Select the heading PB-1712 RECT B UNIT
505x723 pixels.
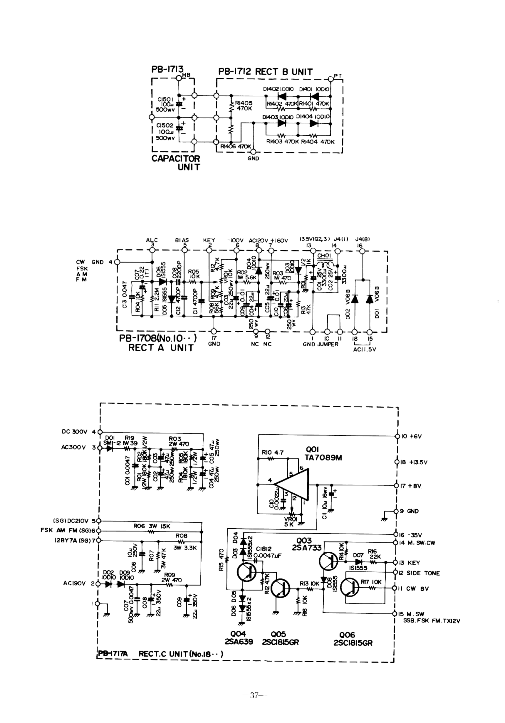[x=265, y=72]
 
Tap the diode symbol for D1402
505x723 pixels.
[x=283, y=96]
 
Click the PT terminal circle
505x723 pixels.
[x=330, y=78]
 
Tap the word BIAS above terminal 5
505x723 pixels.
[x=182, y=240]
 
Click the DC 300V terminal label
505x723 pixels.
[x=74, y=432]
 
